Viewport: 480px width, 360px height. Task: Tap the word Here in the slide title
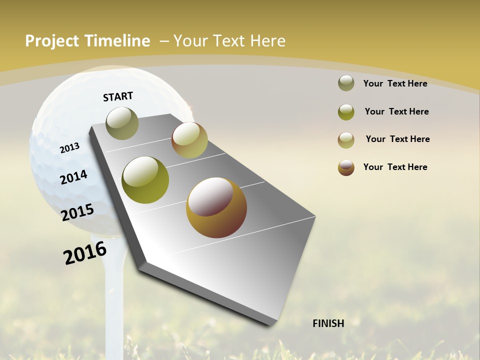click(x=267, y=41)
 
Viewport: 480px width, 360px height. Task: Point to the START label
click(x=118, y=96)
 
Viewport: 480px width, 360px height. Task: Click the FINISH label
click(x=328, y=323)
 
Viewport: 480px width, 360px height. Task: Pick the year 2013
click(x=69, y=148)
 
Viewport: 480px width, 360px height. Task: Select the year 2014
click(x=73, y=177)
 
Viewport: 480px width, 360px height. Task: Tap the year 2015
click(x=77, y=212)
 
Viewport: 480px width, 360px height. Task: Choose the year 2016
click(x=85, y=253)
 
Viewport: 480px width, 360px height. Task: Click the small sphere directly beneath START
click(x=122, y=123)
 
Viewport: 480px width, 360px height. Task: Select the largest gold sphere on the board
click(x=216, y=207)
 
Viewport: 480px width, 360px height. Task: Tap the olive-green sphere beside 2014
click(x=145, y=180)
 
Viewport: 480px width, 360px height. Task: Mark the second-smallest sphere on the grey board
click(x=189, y=140)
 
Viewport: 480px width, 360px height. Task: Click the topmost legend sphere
click(x=346, y=83)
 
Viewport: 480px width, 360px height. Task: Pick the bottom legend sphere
click(x=346, y=167)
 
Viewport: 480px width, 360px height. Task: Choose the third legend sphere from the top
click(x=346, y=139)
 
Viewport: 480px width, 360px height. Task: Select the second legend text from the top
click(x=396, y=111)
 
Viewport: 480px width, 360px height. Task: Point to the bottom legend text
click(x=395, y=167)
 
